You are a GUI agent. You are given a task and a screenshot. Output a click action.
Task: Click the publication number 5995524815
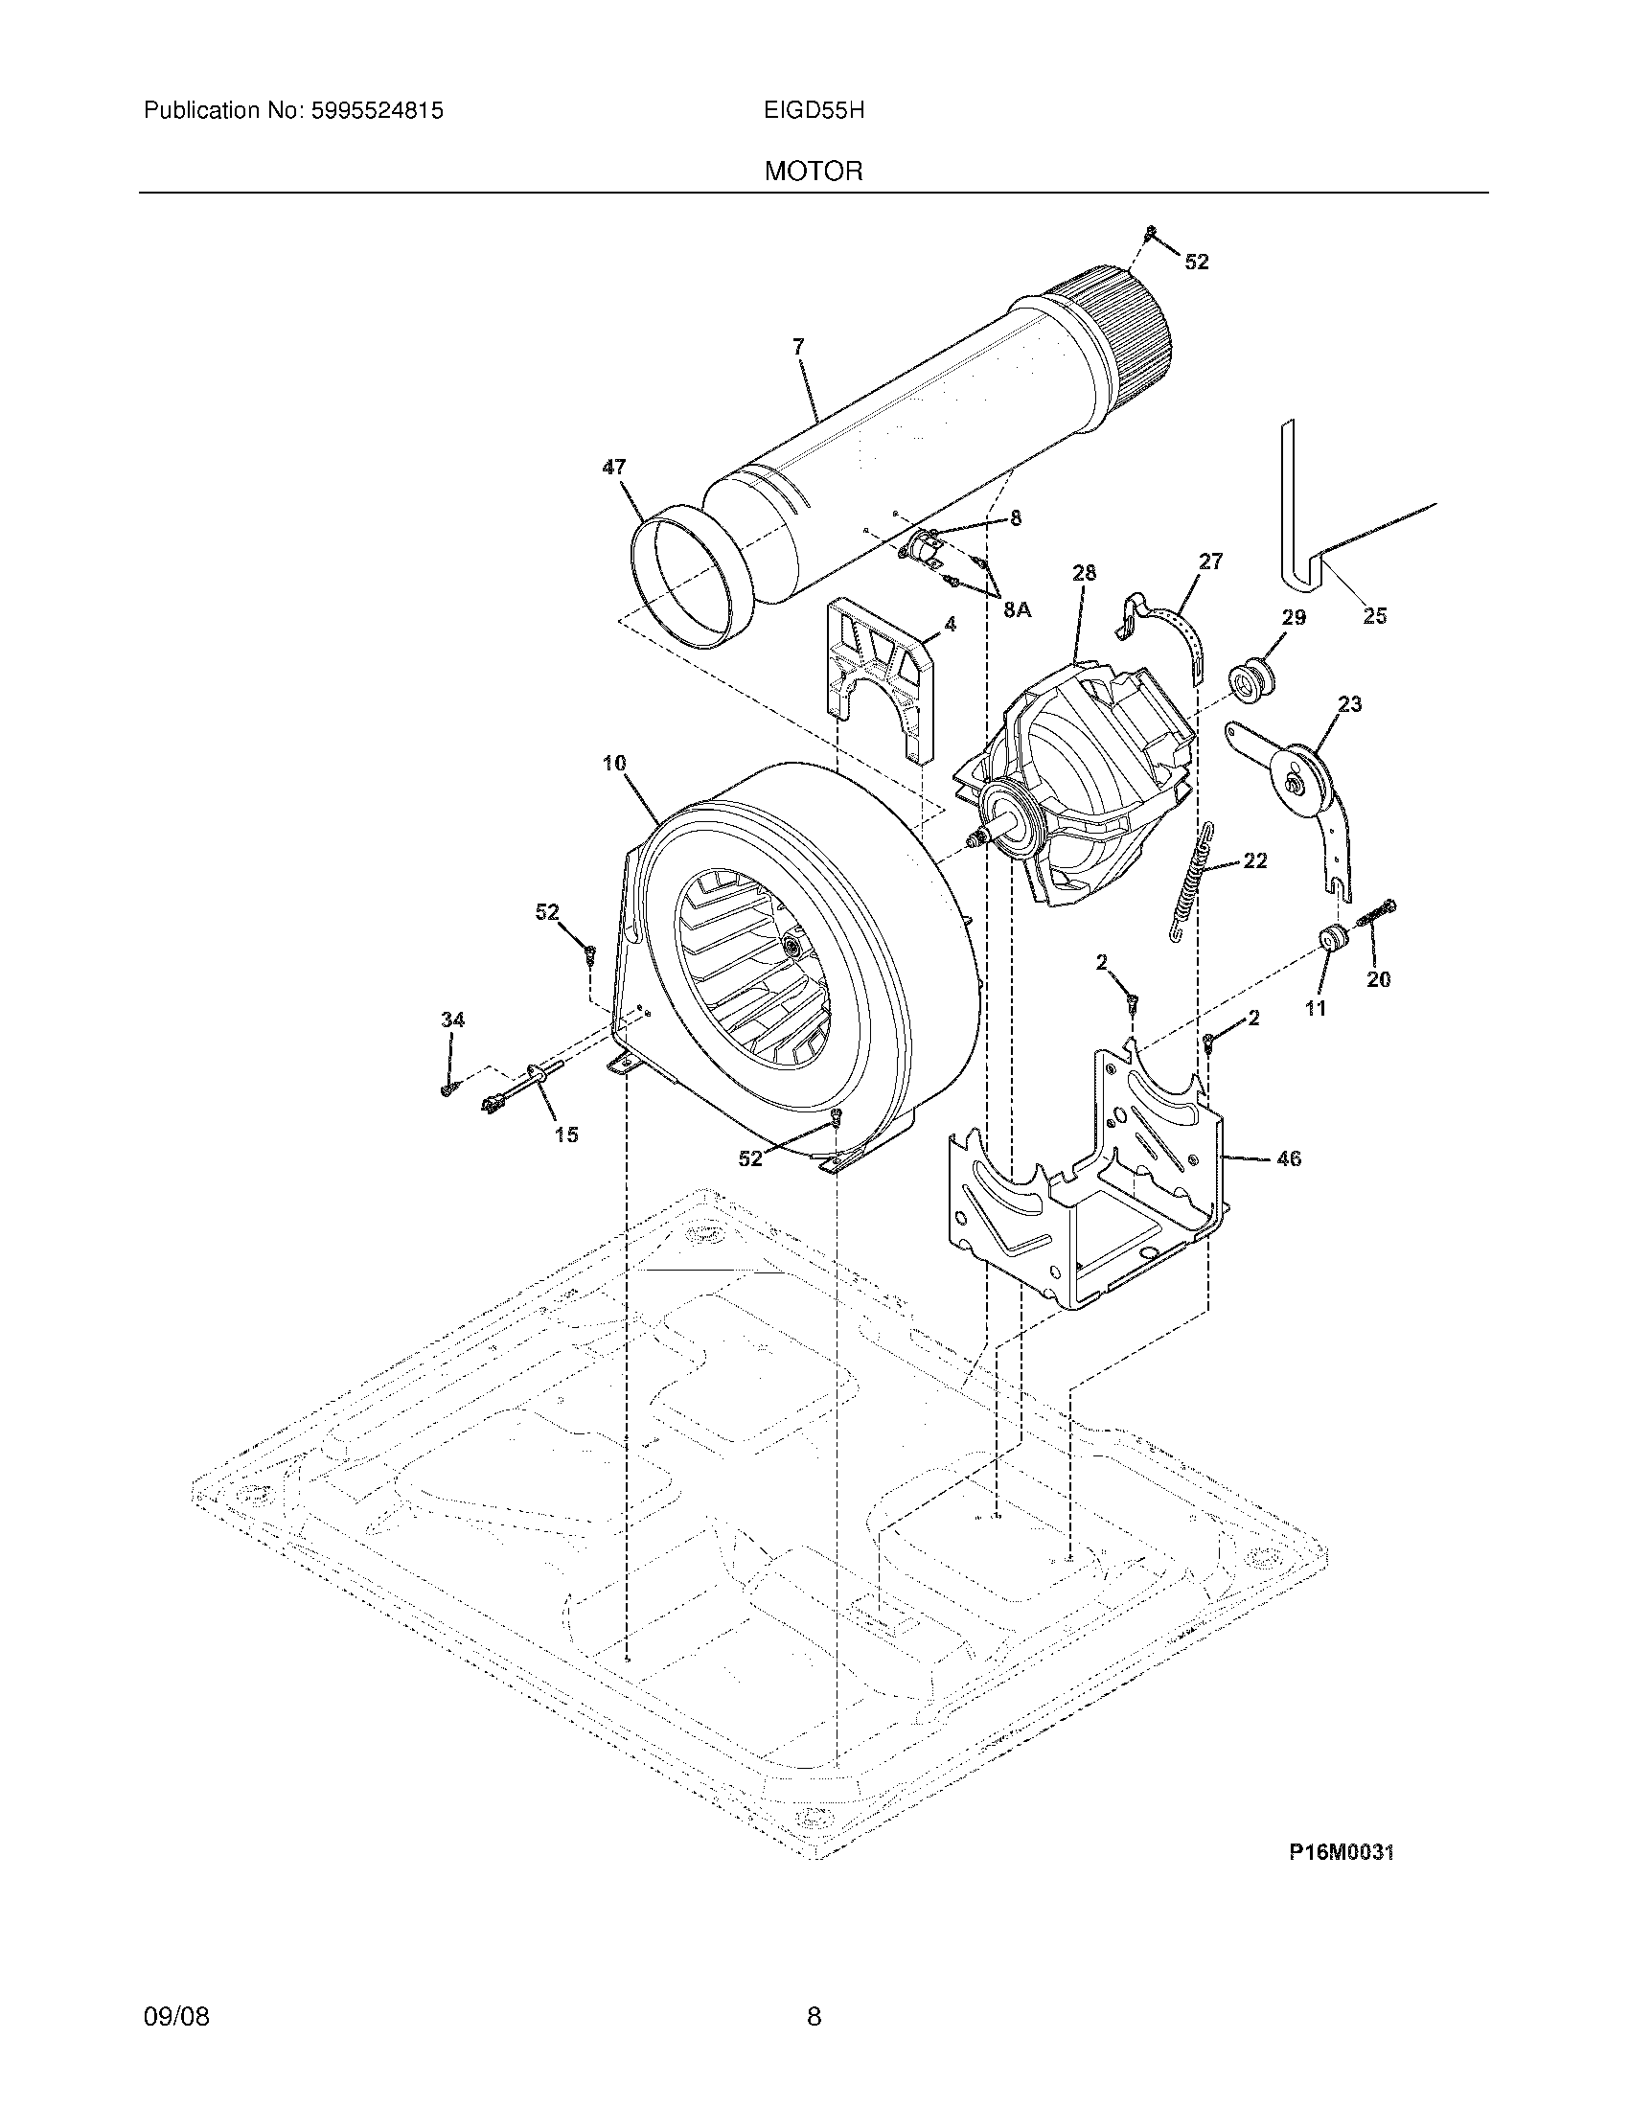point(376,111)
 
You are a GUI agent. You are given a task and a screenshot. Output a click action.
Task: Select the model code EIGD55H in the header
point(813,111)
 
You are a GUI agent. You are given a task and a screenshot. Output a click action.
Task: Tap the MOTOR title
point(814,172)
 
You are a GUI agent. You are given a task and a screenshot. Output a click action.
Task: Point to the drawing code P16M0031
point(1342,1852)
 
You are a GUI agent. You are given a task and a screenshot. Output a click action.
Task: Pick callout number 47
point(614,468)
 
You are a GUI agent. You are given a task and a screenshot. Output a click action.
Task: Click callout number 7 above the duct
point(798,347)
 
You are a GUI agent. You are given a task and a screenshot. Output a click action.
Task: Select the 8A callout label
point(1018,609)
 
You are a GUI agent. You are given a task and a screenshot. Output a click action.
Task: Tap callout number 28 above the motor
point(1084,572)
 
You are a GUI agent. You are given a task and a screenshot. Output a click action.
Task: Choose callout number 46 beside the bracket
point(1289,1158)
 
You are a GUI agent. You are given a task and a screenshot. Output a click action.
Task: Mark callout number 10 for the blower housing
point(615,764)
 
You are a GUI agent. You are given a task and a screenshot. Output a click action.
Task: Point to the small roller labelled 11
point(1333,937)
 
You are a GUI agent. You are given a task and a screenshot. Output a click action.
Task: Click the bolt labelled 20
point(1377,913)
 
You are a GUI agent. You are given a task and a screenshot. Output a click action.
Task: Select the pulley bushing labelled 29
point(1252,676)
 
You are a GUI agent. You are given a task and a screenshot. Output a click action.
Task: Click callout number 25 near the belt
point(1374,616)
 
